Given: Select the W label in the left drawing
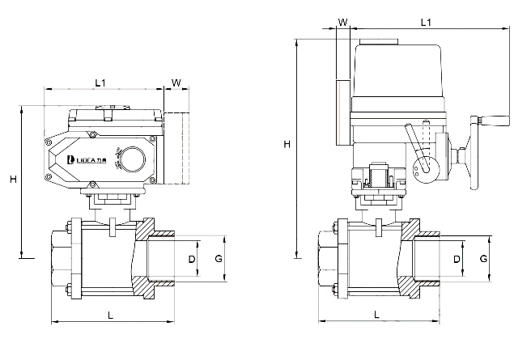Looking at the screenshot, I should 176,82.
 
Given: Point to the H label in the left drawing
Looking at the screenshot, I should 14,180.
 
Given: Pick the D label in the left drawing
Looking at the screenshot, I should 192,259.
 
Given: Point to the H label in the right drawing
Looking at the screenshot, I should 287,145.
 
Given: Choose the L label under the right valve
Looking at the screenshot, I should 376,316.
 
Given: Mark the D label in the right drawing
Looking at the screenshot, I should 457,259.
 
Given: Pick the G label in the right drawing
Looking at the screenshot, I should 482,259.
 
